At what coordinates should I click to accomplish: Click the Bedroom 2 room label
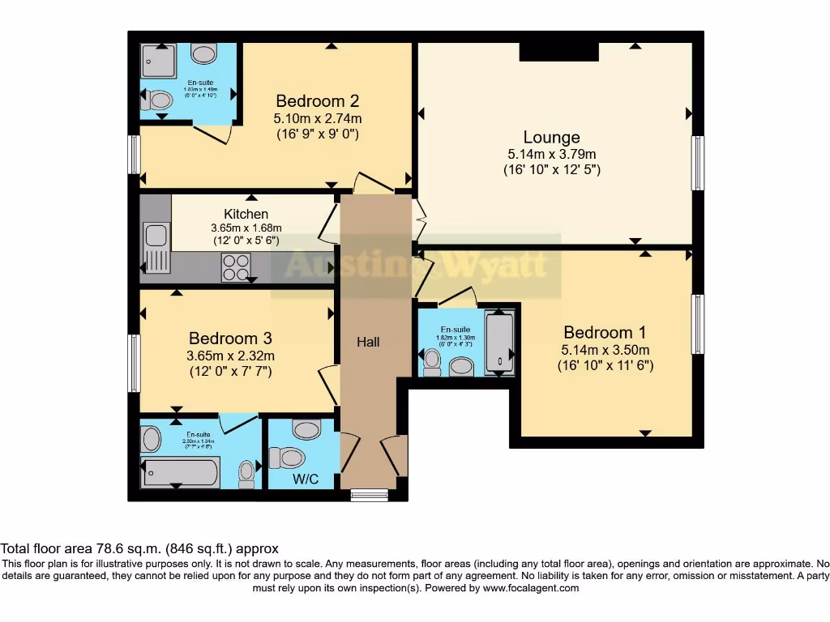(x=317, y=101)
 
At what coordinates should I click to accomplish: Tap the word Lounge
(x=551, y=137)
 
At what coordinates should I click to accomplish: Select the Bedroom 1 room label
(x=605, y=332)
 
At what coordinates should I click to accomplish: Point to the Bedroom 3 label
(x=230, y=338)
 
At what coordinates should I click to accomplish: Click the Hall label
(x=369, y=342)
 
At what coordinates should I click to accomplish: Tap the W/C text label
(x=306, y=479)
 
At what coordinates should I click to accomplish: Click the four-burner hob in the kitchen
(x=236, y=267)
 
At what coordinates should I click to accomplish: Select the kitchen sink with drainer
(x=155, y=248)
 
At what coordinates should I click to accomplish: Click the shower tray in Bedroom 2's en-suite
(x=160, y=61)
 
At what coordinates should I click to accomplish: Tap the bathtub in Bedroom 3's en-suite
(x=180, y=472)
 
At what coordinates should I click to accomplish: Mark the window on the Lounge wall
(x=697, y=163)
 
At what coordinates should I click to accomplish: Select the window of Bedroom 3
(x=135, y=363)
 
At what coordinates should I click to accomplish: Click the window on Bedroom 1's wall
(x=697, y=324)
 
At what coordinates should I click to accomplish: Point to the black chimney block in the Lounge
(x=558, y=52)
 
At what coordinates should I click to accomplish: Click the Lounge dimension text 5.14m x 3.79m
(x=551, y=154)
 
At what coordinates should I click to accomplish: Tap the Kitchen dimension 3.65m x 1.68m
(x=246, y=228)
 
